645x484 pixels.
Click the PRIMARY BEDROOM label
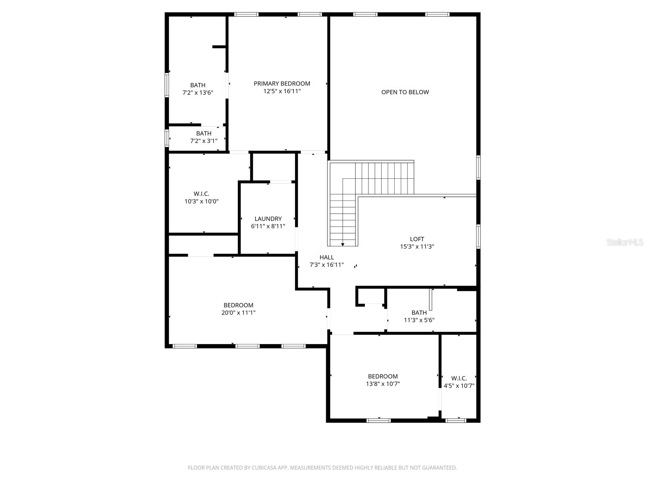pyautogui.click(x=282, y=83)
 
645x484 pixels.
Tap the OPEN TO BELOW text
pyautogui.click(x=405, y=92)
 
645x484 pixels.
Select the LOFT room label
pyautogui.click(x=417, y=239)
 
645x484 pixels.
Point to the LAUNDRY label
pyautogui.click(x=268, y=219)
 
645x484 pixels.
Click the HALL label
pyautogui.click(x=327, y=257)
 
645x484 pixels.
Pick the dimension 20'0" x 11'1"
pyautogui.click(x=238, y=313)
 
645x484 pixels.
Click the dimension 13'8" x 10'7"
pyautogui.click(x=383, y=384)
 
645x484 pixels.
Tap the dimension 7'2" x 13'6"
pyautogui.click(x=198, y=93)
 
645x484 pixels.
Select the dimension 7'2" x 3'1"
pyautogui.click(x=204, y=141)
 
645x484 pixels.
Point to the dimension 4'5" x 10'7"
pyautogui.click(x=459, y=386)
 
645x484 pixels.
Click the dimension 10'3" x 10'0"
pyautogui.click(x=202, y=201)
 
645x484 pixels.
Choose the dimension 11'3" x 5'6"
pyautogui.click(x=419, y=320)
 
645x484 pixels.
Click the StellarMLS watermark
pyautogui.click(x=625, y=242)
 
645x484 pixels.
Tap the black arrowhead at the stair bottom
pyautogui.click(x=343, y=244)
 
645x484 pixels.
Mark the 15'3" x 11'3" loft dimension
pyautogui.click(x=417, y=246)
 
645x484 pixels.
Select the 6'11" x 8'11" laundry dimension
pyautogui.click(x=268, y=226)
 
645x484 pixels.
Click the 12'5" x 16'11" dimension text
pyautogui.click(x=282, y=91)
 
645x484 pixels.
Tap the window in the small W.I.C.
pyautogui.click(x=456, y=421)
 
